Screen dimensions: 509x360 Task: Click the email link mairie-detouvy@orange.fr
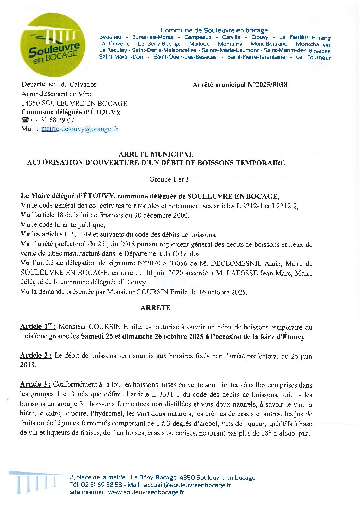[79, 129]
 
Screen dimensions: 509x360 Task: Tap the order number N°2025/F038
[267, 85]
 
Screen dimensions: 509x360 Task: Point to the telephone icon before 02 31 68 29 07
[25, 120]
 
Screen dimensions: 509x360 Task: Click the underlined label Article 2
[36, 355]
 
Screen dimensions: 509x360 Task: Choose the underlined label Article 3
[35, 384]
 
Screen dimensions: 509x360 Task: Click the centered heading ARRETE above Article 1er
[155, 308]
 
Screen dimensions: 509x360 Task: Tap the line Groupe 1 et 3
[169, 179]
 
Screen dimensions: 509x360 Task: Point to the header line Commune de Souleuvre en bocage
[214, 30]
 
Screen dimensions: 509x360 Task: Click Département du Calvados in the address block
[59, 84]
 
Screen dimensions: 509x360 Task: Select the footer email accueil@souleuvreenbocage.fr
[187, 485]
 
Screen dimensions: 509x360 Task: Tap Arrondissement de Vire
[56, 94]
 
